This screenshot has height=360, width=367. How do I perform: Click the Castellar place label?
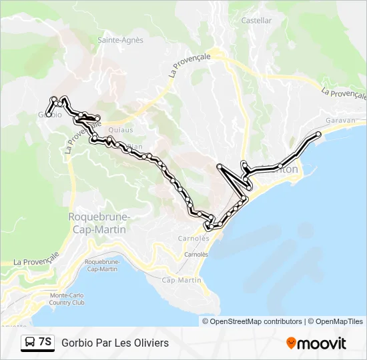(x=256, y=21)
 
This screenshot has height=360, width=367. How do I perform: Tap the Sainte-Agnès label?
(x=121, y=40)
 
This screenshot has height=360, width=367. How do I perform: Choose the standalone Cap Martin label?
(x=181, y=280)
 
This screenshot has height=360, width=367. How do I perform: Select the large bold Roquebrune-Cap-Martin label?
(x=99, y=223)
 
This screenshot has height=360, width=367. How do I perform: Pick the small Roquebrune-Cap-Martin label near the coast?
(x=101, y=265)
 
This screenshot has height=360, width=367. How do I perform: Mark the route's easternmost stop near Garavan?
(x=318, y=135)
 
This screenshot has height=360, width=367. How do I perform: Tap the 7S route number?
(x=45, y=342)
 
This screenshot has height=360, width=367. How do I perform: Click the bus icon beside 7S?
(x=29, y=343)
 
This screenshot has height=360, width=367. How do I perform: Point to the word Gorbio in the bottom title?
(x=77, y=343)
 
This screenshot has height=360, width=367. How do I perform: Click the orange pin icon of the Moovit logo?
(x=291, y=343)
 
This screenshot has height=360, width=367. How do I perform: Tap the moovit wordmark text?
(x=322, y=343)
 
